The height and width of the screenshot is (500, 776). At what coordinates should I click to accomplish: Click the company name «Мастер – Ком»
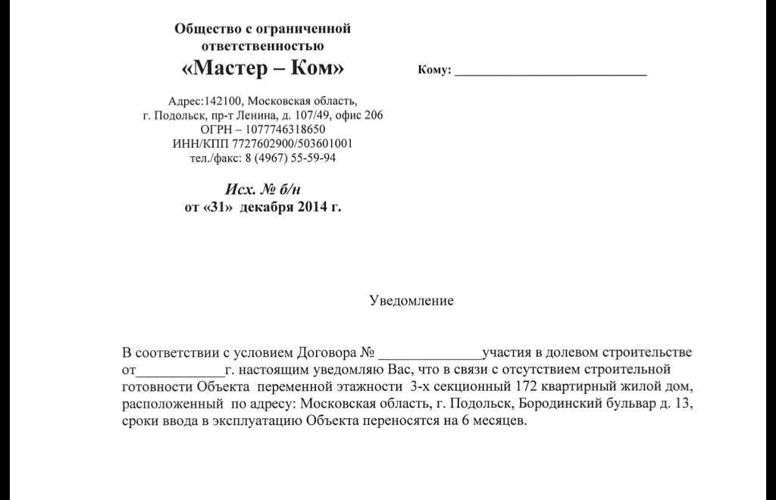click(x=263, y=70)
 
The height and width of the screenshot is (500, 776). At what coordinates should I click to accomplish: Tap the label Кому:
click(x=434, y=70)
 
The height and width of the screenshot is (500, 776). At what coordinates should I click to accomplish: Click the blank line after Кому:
click(x=551, y=73)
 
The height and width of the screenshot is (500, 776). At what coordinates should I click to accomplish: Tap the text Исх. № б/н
click(x=263, y=189)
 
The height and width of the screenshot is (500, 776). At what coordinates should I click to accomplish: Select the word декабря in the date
click(x=266, y=207)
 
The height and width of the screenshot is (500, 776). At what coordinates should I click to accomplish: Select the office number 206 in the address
click(x=373, y=115)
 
